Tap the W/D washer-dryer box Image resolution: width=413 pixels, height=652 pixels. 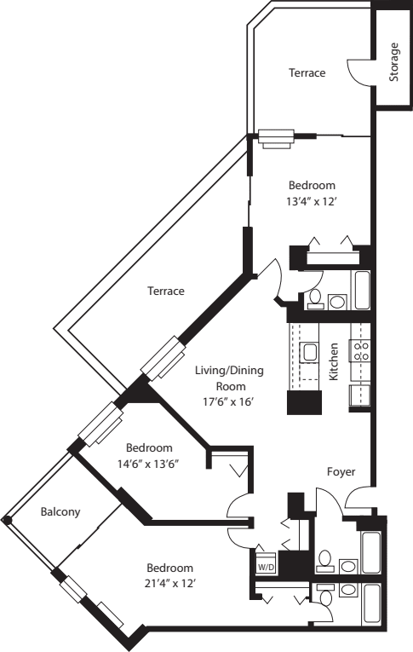click(265, 564)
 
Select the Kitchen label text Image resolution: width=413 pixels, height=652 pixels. click(335, 361)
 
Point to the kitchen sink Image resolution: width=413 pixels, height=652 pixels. click(310, 352)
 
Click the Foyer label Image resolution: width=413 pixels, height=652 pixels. click(341, 471)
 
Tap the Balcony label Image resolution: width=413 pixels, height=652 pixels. click(60, 512)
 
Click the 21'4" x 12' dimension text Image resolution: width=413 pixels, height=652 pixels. click(169, 584)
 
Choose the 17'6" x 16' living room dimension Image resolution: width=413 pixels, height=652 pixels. click(229, 401)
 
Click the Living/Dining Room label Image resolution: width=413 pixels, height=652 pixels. click(229, 378)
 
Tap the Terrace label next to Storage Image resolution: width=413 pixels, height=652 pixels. click(306, 73)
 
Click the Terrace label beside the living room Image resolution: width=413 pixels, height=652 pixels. click(166, 291)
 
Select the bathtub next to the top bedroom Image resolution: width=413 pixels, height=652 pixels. click(362, 291)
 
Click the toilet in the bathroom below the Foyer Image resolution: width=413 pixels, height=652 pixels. click(324, 559)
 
